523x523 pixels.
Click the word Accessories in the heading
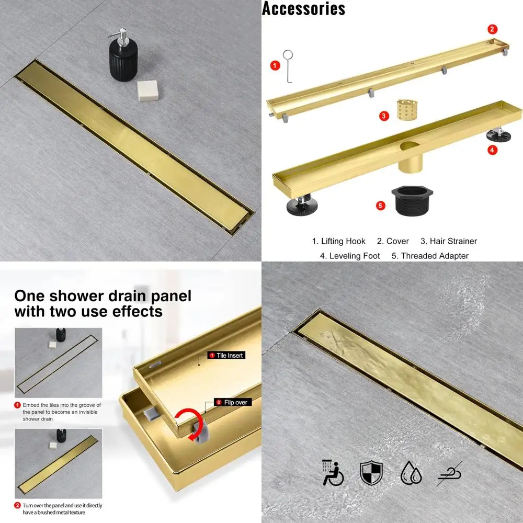tap(303, 8)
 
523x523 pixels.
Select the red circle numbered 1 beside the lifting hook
tap(275, 65)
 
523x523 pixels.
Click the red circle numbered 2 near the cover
tap(492, 29)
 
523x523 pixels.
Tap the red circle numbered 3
tap(384, 116)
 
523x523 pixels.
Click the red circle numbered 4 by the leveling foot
tap(492, 150)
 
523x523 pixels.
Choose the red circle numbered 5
tap(381, 205)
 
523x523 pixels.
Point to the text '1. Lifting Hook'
tap(339, 241)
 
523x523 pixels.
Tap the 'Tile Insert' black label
tap(226, 355)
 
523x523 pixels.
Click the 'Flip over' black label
tap(234, 402)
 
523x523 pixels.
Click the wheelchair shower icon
tap(333, 472)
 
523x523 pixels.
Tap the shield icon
tap(371, 472)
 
